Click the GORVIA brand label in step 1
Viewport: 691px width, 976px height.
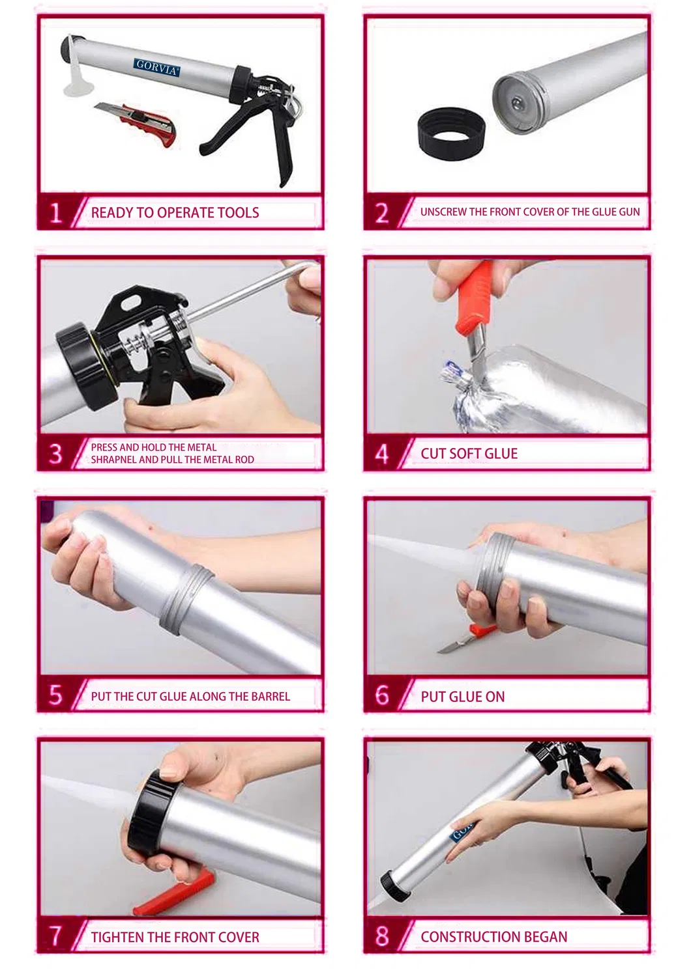pos(157,67)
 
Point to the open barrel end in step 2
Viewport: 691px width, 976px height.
pos(520,104)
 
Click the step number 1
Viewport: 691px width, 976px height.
pos(56,212)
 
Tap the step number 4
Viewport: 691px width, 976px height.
pos(383,453)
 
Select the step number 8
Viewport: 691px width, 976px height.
pos(383,936)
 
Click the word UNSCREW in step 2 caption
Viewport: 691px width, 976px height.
pos(443,212)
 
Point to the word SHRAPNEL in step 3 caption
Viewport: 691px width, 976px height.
pos(114,460)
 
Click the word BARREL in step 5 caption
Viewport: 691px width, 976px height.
pos(270,696)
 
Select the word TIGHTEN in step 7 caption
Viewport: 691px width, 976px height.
pos(117,937)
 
